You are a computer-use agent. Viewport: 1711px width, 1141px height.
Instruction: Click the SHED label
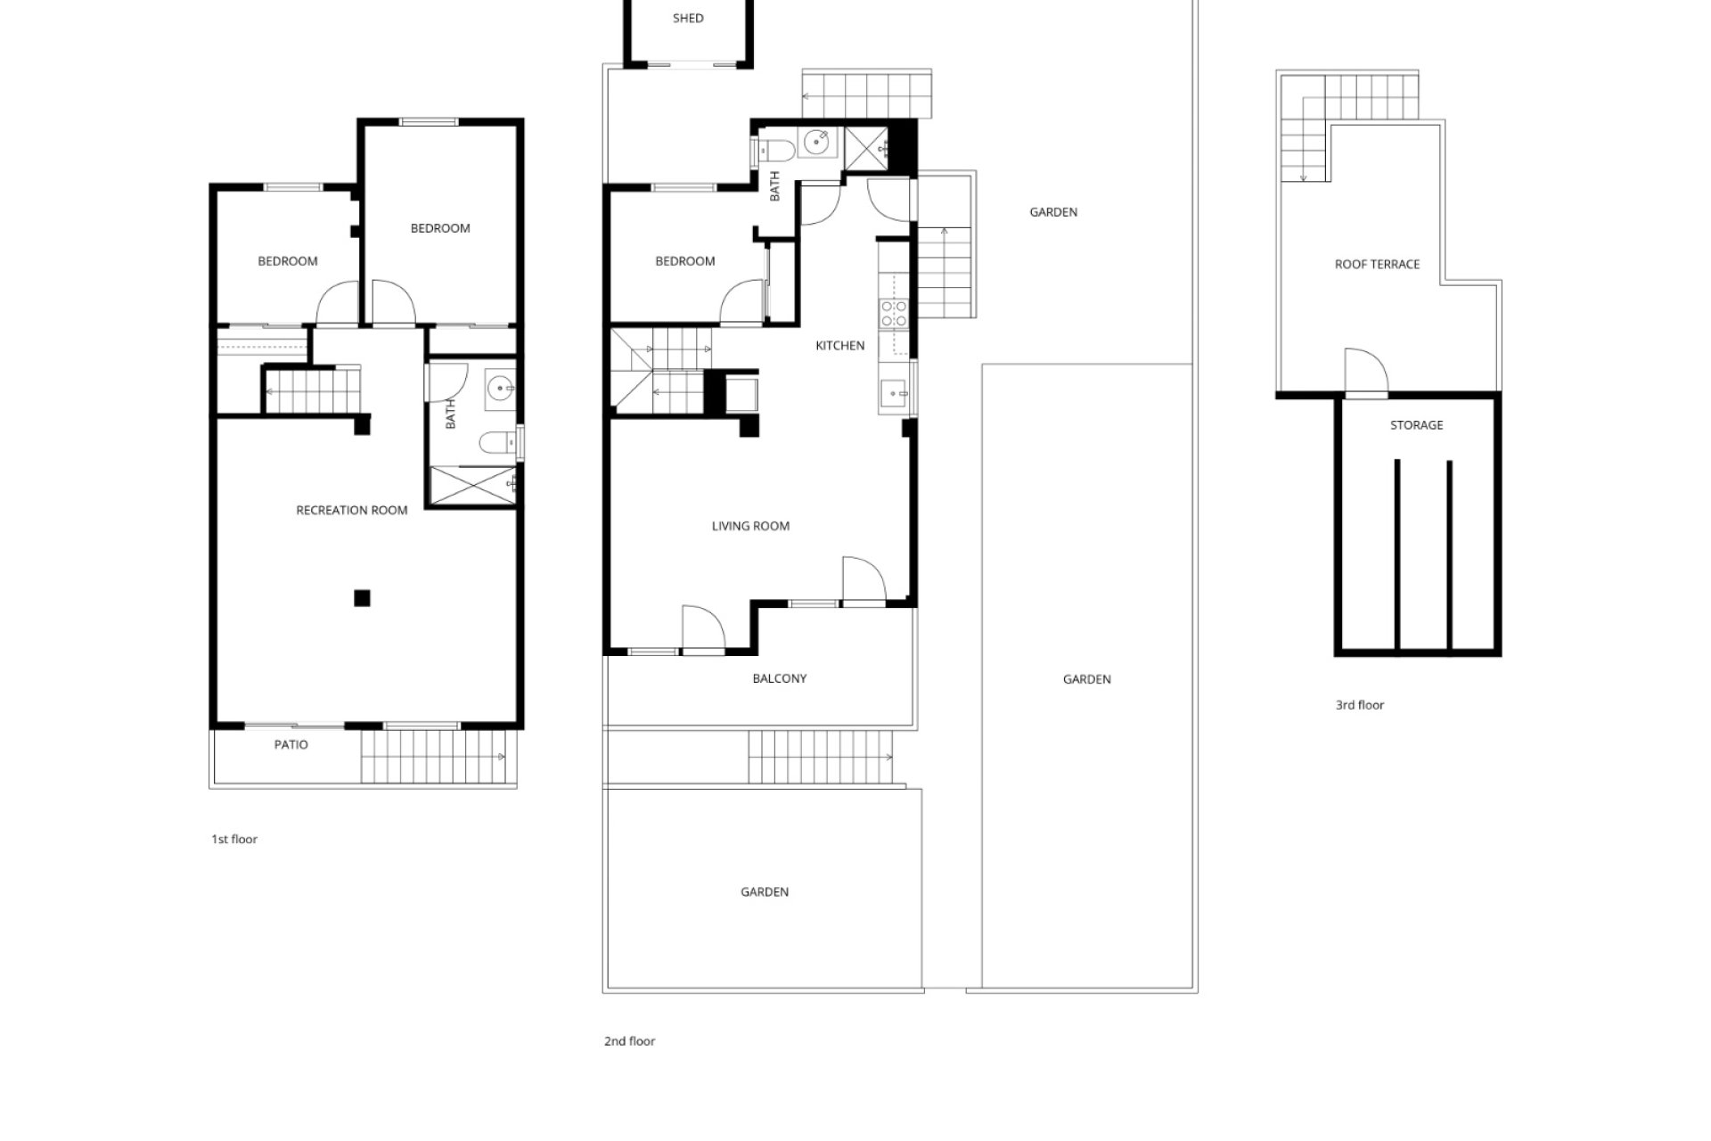(688, 18)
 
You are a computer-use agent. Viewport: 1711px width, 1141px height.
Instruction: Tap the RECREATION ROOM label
(352, 510)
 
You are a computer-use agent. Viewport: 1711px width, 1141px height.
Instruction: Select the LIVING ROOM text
(750, 526)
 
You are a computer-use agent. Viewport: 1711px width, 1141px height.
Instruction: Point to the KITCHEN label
(840, 346)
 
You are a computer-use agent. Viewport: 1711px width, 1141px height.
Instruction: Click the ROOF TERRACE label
(1377, 264)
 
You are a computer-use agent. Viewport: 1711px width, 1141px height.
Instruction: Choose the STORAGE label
(1417, 425)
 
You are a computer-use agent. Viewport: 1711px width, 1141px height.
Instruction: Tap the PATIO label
(291, 744)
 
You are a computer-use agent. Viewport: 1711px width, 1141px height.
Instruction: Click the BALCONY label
(780, 678)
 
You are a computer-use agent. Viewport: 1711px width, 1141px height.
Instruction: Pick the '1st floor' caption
(234, 839)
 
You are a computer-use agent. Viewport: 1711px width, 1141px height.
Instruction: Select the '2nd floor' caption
(630, 1041)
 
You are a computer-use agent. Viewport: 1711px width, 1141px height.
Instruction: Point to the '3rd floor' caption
(1360, 705)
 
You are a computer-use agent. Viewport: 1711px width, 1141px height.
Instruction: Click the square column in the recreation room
(362, 598)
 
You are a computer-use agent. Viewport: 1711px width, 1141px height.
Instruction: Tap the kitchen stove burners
(894, 313)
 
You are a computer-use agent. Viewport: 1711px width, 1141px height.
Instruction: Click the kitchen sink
(893, 392)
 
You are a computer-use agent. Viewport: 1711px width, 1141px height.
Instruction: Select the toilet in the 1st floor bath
(498, 441)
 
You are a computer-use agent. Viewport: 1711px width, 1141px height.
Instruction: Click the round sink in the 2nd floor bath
(816, 141)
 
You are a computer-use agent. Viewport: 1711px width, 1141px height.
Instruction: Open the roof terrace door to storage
(1366, 372)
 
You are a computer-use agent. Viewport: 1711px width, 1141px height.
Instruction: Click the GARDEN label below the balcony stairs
(765, 891)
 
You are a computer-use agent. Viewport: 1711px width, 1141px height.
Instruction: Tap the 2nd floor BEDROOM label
(685, 261)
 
